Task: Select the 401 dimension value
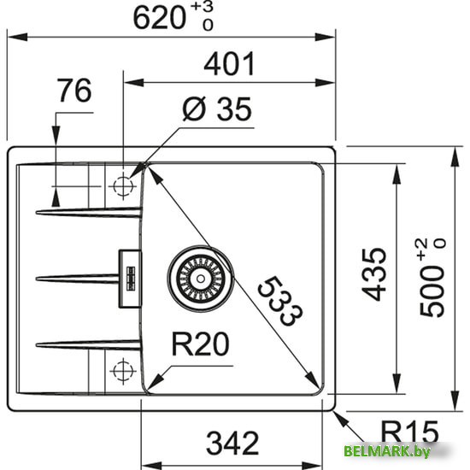pos(228,65)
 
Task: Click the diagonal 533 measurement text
pos(279,302)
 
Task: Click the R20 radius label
pos(200,344)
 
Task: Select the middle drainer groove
pos(77,276)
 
